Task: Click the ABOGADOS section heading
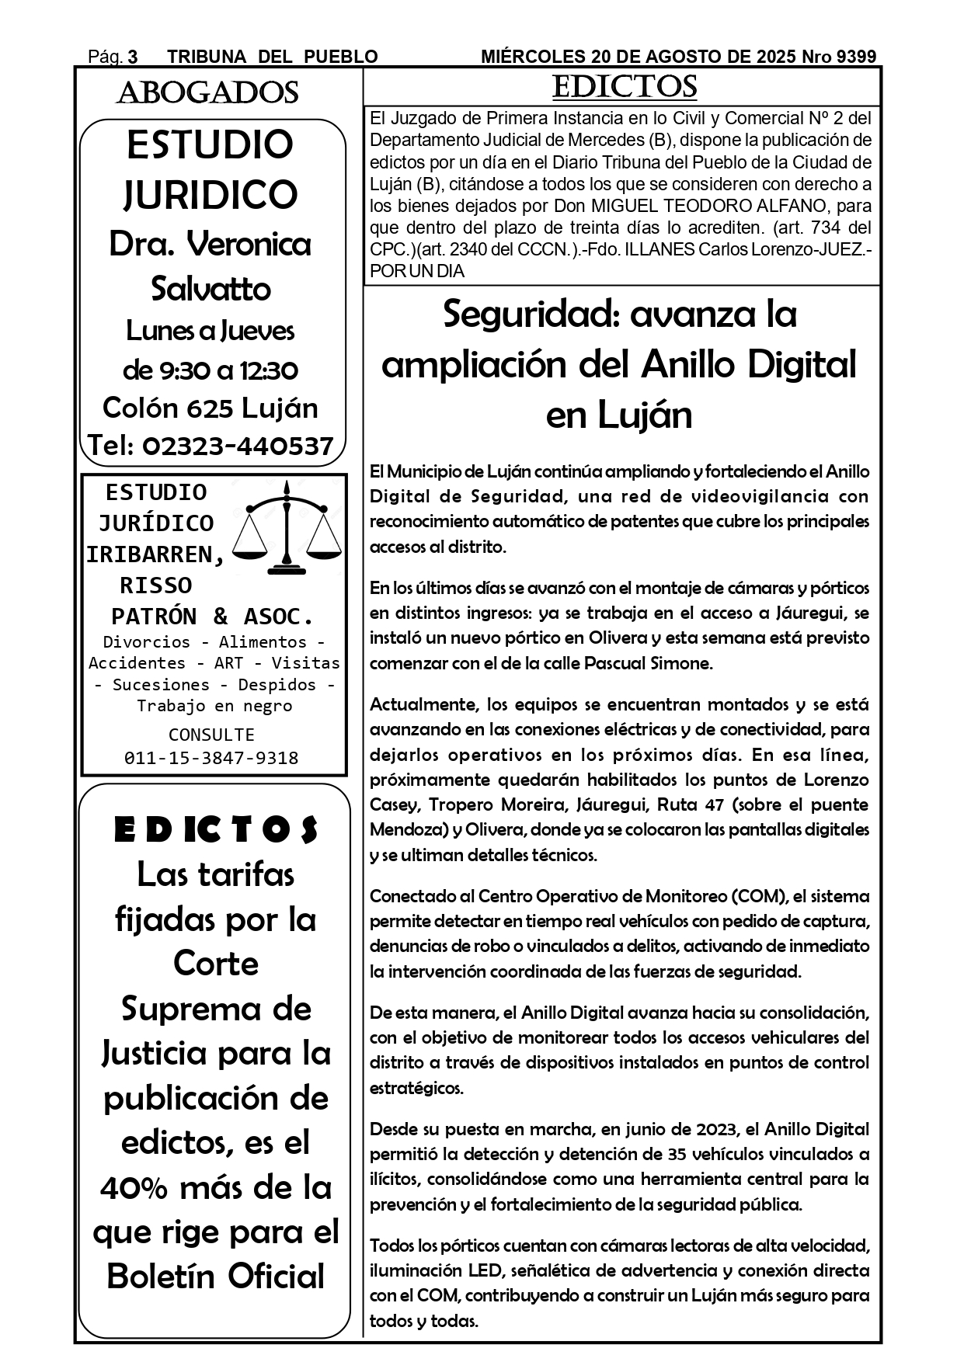(207, 93)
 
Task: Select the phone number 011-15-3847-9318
(211, 758)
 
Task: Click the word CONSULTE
(211, 735)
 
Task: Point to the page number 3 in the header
(133, 57)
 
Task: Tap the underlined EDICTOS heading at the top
(624, 87)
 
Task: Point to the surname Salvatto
(211, 289)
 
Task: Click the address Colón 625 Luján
(211, 408)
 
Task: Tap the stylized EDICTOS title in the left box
(215, 830)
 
